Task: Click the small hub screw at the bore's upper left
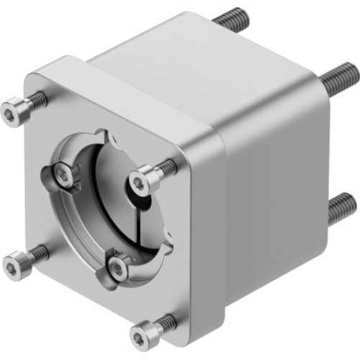pos(63,172)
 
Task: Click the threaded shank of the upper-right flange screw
pos(166,167)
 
